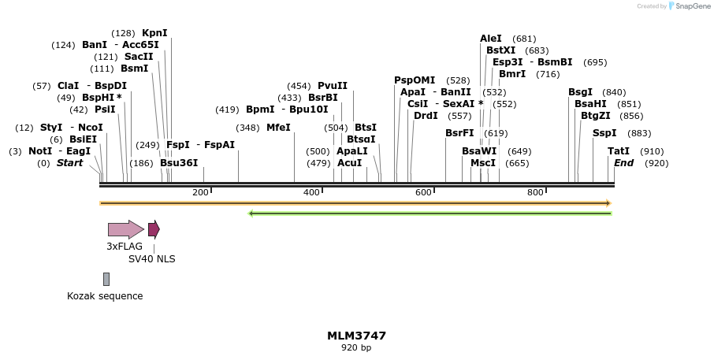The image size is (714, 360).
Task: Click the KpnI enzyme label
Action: tap(154, 33)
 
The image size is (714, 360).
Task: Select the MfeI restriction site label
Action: tap(278, 128)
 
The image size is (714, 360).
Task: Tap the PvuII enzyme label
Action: tap(332, 86)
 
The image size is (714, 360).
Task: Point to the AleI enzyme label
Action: tap(490, 39)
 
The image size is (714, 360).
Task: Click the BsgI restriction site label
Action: tap(580, 92)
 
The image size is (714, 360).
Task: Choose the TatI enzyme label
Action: tap(619, 151)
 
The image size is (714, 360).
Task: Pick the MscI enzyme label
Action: tap(483, 163)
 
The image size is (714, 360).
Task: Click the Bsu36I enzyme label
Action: tap(179, 163)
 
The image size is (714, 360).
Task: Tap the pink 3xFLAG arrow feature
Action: tap(125, 229)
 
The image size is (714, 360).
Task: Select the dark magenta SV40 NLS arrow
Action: tap(154, 229)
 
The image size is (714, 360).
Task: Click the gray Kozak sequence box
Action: tap(106, 279)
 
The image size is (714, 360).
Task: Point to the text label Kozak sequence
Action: tap(105, 296)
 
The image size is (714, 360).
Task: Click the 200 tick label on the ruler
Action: tap(200, 192)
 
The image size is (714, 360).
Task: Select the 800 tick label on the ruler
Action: tap(535, 192)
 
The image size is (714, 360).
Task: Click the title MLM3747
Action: tap(356, 336)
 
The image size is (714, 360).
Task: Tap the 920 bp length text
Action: tap(356, 347)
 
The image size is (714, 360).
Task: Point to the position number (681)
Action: tap(524, 39)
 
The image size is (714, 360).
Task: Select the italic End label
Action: tap(623, 163)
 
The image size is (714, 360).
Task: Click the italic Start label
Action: tap(69, 163)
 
